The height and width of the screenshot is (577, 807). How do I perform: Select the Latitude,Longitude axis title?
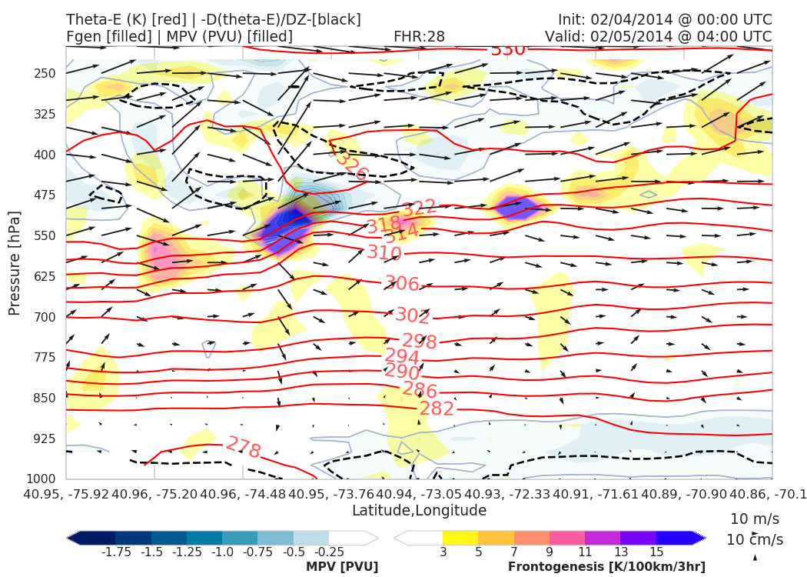[x=419, y=511]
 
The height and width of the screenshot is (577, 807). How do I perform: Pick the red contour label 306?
[x=401, y=284]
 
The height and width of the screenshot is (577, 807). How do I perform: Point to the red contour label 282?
[x=437, y=409]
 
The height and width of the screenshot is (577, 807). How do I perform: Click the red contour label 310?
[x=384, y=253]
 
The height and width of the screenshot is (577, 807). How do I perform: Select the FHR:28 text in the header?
[x=419, y=36]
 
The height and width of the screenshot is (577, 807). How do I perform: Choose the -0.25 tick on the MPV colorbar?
[x=329, y=552]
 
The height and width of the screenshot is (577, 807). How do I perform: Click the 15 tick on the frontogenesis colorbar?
[x=656, y=552]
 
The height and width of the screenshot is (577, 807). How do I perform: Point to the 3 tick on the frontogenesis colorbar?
[x=443, y=552]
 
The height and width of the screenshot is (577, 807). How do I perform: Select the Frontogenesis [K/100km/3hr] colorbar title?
[x=606, y=567]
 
